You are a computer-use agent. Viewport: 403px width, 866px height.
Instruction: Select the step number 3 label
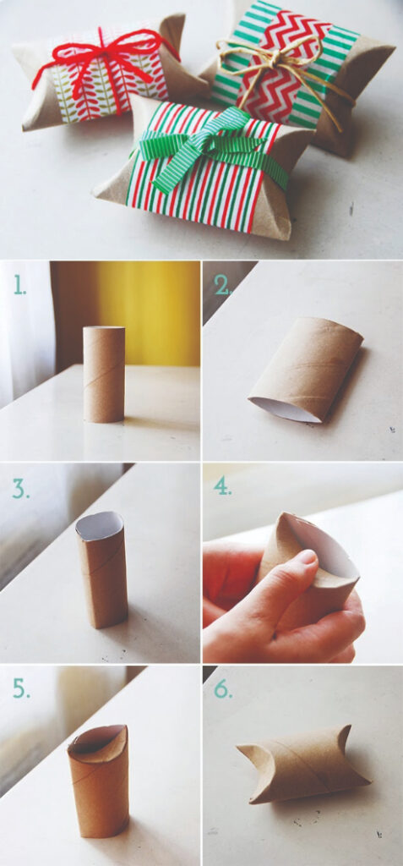click(x=21, y=488)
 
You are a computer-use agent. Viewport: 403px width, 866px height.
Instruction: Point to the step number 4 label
click(x=222, y=486)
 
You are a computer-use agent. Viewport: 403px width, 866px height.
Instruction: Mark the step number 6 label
click(x=222, y=688)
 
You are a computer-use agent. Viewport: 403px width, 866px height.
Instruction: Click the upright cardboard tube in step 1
click(x=104, y=374)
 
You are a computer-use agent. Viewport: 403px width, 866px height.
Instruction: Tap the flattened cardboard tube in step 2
click(x=307, y=369)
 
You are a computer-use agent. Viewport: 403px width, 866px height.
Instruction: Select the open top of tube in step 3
click(x=100, y=525)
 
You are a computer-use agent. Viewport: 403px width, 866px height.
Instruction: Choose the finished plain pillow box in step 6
click(x=302, y=764)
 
